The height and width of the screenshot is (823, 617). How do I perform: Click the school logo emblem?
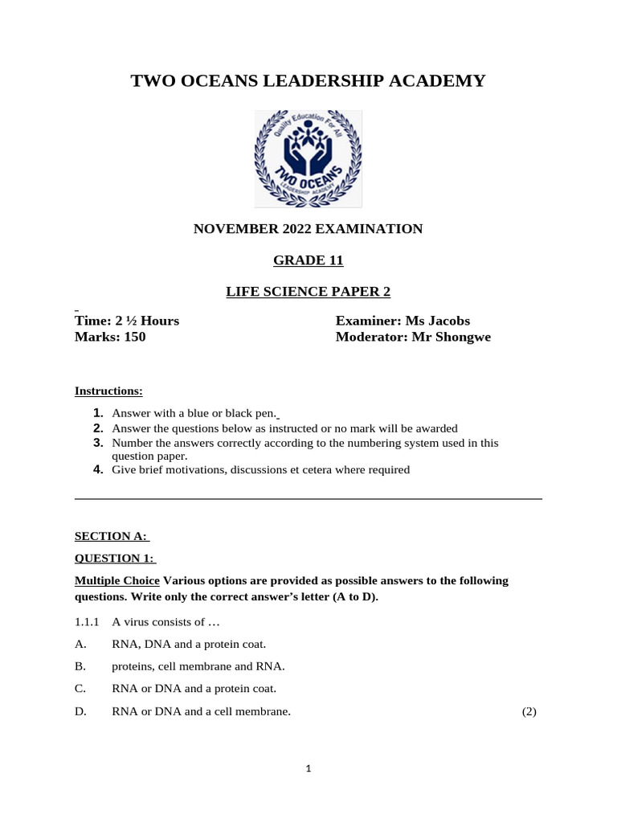(308, 159)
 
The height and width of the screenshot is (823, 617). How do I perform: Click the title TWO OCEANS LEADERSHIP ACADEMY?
(308, 80)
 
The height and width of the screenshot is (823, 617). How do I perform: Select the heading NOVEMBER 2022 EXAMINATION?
(308, 229)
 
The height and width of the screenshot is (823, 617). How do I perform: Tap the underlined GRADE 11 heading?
(308, 260)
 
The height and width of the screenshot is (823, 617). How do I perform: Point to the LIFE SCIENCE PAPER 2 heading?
(308, 291)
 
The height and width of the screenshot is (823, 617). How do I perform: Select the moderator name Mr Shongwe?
(451, 337)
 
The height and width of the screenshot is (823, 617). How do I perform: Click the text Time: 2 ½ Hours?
(127, 321)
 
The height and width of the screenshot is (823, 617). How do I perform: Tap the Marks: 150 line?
(110, 337)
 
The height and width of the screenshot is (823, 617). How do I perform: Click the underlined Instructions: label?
(108, 391)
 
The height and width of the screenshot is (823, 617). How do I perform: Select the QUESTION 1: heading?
(115, 559)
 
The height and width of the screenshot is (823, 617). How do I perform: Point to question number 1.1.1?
(87, 622)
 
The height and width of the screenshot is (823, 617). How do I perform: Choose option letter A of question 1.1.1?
(80, 644)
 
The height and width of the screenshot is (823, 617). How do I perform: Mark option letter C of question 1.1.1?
(80, 689)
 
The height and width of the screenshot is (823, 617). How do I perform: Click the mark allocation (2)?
(528, 711)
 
